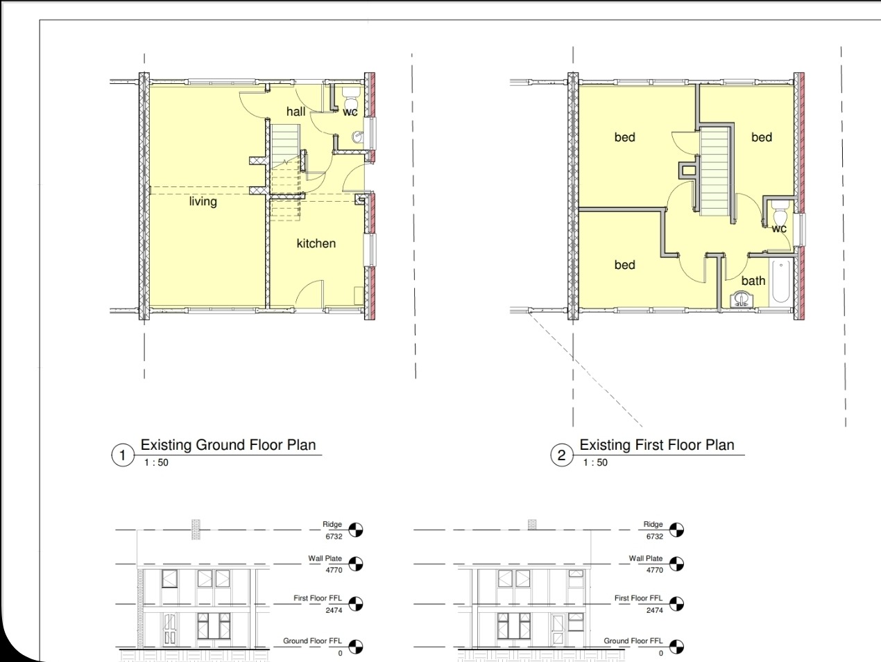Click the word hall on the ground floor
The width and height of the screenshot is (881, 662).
click(296, 112)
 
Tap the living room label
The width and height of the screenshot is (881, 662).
click(203, 201)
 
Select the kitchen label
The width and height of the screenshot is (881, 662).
click(316, 243)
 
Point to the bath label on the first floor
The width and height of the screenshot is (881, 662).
click(753, 281)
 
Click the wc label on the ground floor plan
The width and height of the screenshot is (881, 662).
click(350, 112)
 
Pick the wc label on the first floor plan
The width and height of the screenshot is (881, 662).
click(779, 229)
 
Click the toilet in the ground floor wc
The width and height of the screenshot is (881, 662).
click(352, 96)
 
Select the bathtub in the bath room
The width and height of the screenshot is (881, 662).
click(780, 281)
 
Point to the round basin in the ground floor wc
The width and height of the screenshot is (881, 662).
click(358, 137)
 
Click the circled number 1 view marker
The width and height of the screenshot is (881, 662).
click(122, 455)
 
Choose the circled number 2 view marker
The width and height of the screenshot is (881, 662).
click(561, 455)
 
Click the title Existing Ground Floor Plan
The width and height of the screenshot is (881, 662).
click(228, 444)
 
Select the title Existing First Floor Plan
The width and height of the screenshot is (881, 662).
click(657, 444)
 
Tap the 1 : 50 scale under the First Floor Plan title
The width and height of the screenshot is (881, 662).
click(595, 462)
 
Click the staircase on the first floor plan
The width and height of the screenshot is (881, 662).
click(715, 172)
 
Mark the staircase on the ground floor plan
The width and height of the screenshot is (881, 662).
click(286, 173)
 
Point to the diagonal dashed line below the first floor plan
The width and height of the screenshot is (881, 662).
click(585, 369)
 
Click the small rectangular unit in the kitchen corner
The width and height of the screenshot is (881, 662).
click(359, 296)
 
